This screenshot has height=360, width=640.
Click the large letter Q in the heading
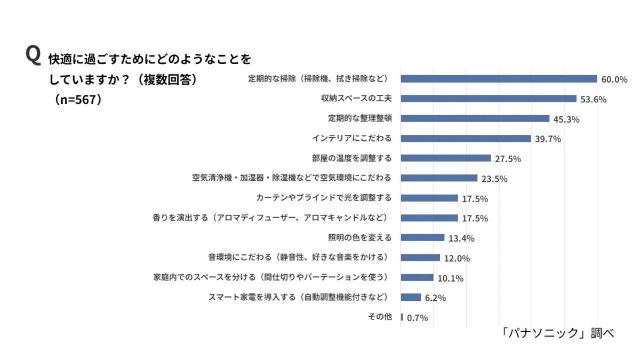tap(33, 55)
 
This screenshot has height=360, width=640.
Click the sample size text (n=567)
tap(78, 100)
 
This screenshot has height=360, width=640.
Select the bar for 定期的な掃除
tap(499, 79)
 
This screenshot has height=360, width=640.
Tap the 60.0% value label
tap(614, 79)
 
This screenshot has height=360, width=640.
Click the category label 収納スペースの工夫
tap(356, 99)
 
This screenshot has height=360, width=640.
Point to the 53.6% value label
tap(593, 99)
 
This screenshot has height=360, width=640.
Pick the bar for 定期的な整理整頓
tap(475, 118)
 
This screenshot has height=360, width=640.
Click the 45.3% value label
tap(566, 119)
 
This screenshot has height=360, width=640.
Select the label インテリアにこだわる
tap(351, 138)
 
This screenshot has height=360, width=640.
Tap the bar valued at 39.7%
tap(466, 138)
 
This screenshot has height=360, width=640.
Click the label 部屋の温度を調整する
tap(351, 158)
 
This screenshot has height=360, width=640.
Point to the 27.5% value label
tap(507, 158)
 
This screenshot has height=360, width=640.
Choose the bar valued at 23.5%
tap(439, 178)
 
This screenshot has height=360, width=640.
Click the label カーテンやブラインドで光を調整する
tap(324, 198)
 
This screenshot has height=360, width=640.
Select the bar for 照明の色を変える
tap(422, 237)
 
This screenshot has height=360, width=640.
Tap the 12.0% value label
tap(457, 258)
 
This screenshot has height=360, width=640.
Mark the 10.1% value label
tap(450, 278)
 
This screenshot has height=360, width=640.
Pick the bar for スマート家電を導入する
tap(411, 297)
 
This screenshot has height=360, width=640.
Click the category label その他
tap(380, 317)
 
